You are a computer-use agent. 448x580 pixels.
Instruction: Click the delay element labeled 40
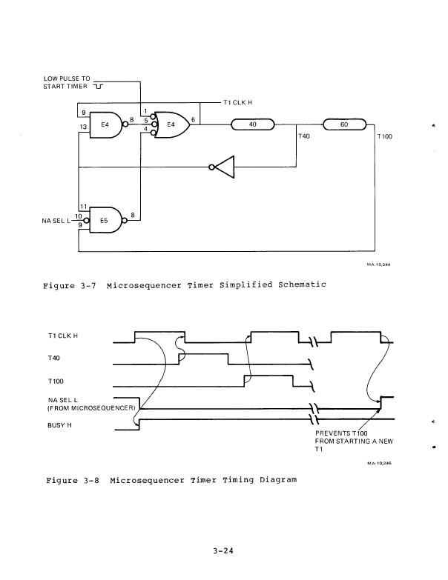tap(252, 124)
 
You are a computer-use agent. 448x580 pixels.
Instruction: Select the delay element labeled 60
tap(344, 124)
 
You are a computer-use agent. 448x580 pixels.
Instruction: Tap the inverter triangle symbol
tap(224, 167)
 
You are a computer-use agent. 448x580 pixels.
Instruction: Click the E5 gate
tap(105, 220)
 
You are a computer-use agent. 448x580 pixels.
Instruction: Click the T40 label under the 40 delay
tap(304, 137)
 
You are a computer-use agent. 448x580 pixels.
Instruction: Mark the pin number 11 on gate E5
tap(84, 205)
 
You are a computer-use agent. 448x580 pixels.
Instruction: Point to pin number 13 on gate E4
tap(84, 127)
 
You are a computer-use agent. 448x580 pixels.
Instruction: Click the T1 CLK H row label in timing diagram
tap(63, 336)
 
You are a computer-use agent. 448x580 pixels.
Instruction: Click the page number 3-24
tap(224, 550)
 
